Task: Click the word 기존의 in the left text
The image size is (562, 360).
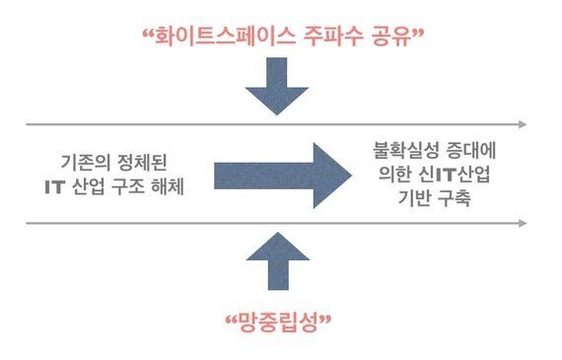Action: tap(84, 162)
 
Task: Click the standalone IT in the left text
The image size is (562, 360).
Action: tap(55, 186)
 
